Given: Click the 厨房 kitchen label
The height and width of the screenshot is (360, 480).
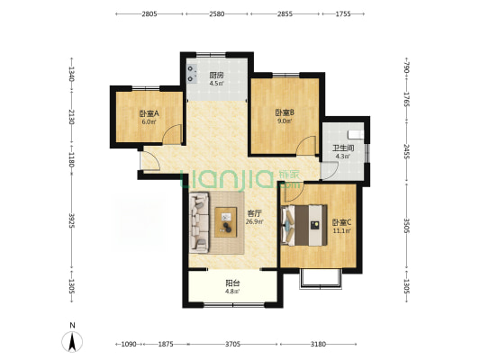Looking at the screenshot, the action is (216, 76).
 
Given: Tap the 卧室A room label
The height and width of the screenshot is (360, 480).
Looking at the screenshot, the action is (149, 113).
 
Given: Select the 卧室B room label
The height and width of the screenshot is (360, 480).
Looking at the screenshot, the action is (285, 112).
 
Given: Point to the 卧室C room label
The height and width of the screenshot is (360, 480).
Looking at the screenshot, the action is (342, 222).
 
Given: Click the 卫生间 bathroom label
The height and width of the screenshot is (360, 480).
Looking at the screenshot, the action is (343, 148).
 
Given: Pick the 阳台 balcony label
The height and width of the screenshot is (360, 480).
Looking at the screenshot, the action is (232, 283).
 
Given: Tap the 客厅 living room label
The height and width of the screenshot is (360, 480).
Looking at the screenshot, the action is (254, 213).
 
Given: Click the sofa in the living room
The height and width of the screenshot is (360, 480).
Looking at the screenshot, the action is (199, 222).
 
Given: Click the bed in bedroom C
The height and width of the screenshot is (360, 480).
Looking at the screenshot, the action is (304, 225).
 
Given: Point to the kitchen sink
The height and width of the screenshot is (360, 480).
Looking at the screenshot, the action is (192, 74).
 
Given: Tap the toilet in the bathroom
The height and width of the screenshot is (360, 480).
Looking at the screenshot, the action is (356, 134).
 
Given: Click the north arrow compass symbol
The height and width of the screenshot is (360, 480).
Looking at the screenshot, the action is (72, 342).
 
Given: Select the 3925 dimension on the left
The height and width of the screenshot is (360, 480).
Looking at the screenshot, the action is (72, 220).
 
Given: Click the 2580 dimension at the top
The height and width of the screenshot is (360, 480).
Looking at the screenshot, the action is (217, 13).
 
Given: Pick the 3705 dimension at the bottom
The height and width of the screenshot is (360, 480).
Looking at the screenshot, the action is (232, 345).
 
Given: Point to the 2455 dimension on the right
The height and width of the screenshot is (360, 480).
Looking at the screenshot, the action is (406, 152).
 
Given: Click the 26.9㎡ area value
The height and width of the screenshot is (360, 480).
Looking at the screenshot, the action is (255, 221).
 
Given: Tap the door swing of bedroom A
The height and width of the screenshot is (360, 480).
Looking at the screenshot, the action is (172, 134).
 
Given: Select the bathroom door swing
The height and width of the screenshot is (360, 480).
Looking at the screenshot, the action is (330, 170).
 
